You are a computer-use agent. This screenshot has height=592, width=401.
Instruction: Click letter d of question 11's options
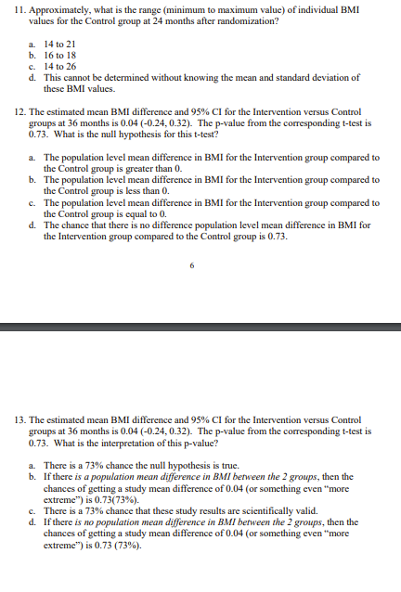click(x=32, y=78)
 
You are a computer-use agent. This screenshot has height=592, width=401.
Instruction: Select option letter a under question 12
click(x=32, y=158)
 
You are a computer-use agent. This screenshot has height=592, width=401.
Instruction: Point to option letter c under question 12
click(x=32, y=202)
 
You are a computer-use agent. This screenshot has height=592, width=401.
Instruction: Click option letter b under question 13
click(x=32, y=474)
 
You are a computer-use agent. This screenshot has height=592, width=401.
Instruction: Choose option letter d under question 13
click(x=32, y=521)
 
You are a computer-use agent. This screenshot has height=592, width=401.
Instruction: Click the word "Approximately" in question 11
click(x=59, y=8)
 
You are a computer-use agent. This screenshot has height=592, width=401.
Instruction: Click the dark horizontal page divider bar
click(x=200, y=326)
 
